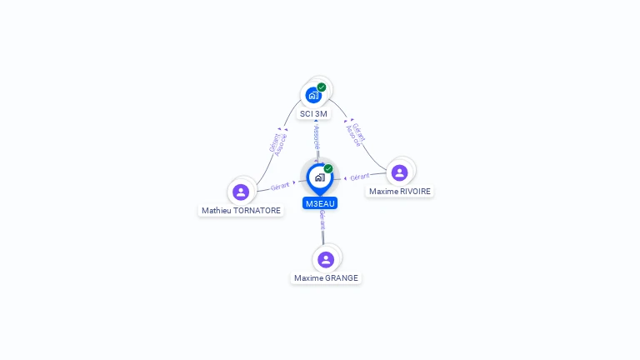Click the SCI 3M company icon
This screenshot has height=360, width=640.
click(313, 95)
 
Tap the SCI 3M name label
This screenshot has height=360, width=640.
click(314, 113)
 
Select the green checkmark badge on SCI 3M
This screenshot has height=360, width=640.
click(322, 87)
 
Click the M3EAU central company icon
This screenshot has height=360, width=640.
click(319, 177)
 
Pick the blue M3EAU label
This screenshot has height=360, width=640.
click(320, 203)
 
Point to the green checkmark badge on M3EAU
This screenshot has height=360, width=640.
click(328, 168)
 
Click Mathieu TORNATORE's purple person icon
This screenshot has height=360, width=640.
click(241, 192)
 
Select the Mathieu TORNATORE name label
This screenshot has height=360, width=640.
click(241, 211)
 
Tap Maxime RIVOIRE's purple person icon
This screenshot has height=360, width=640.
click(400, 172)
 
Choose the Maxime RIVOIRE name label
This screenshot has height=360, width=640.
click(400, 191)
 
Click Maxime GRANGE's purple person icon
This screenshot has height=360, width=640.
click(326, 259)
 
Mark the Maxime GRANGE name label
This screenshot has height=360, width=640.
click(326, 278)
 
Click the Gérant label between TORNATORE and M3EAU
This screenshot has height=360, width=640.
click(280, 186)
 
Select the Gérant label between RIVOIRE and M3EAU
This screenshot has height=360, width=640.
click(360, 177)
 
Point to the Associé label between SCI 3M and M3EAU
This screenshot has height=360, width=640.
click(317, 137)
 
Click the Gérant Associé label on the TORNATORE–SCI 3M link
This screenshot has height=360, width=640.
click(278, 143)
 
